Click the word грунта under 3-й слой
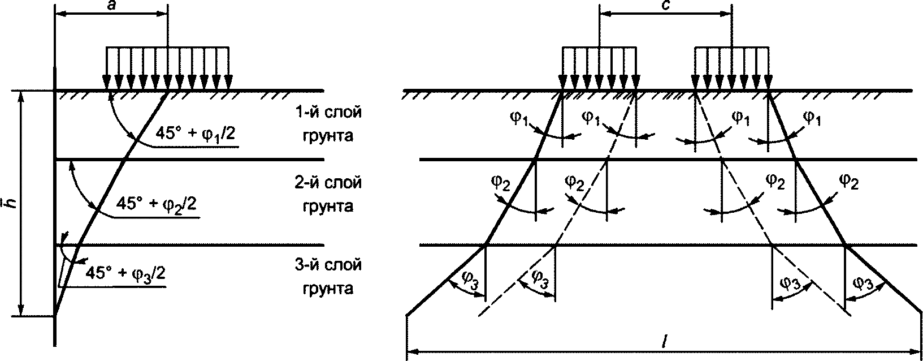coord(329,289)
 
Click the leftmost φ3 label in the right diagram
coord(469,278)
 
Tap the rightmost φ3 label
coord(862,281)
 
